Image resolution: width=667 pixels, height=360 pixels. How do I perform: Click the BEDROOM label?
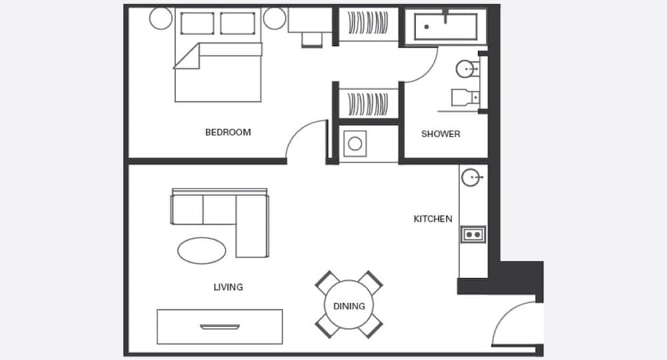[x=227, y=132]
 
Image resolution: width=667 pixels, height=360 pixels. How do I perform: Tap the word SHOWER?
[x=440, y=134]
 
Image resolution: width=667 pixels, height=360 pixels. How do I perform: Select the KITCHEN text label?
[x=433, y=219]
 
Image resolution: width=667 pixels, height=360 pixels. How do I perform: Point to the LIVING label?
[x=228, y=287]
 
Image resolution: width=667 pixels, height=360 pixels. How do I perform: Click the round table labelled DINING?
[x=349, y=306]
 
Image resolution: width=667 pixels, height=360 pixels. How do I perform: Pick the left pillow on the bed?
[x=197, y=23]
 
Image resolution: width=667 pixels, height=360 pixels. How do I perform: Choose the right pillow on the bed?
[x=237, y=23]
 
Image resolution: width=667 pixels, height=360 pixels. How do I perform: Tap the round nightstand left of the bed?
[x=161, y=18]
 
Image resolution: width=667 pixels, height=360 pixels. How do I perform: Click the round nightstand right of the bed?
[x=274, y=18]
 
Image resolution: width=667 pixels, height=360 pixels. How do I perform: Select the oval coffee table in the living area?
[x=202, y=250]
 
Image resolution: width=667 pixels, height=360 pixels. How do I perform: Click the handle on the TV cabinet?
[x=219, y=327]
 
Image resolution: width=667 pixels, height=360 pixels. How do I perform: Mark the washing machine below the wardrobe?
[x=354, y=143]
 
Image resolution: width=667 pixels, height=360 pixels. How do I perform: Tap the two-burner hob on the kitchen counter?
[x=473, y=234]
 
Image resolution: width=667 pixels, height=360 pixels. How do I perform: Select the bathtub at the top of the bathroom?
[x=446, y=27]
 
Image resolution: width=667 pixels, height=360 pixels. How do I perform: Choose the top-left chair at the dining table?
[x=326, y=283]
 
